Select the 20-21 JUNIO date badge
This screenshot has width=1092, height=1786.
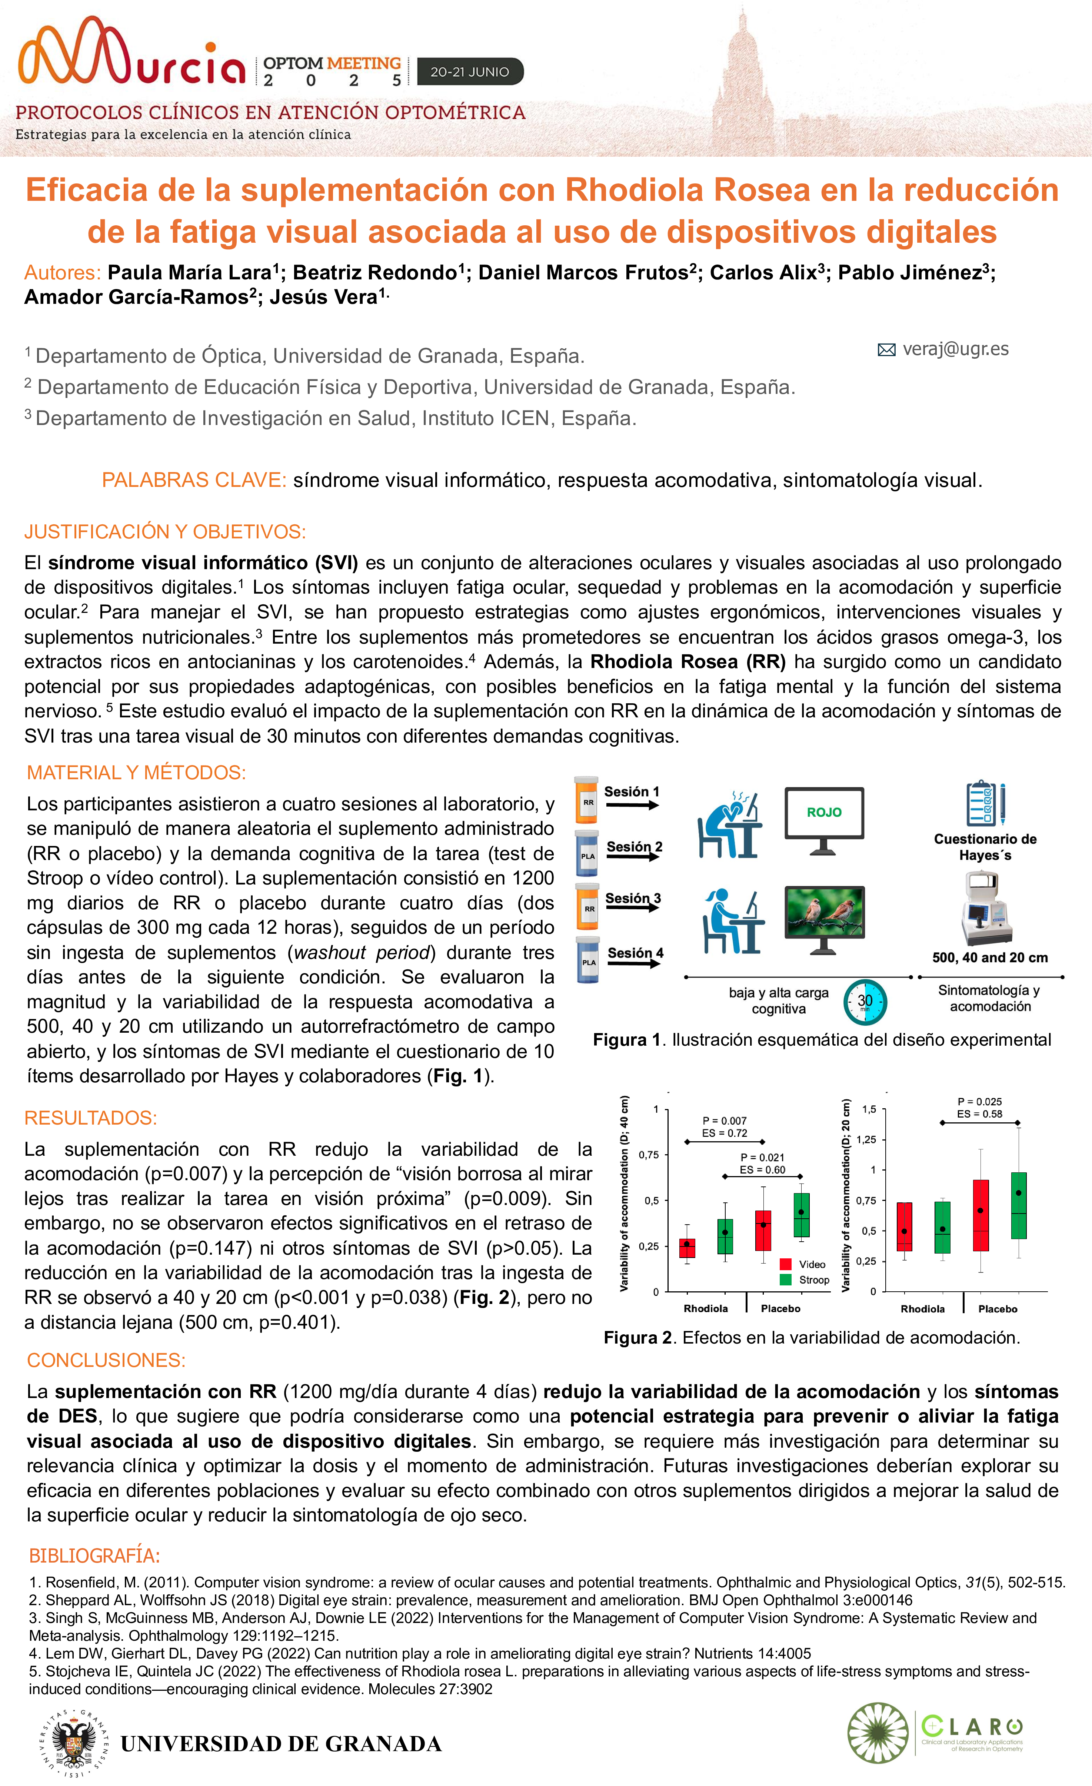[470, 72]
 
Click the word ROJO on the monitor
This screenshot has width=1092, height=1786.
[824, 813]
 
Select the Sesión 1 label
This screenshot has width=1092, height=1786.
[631, 791]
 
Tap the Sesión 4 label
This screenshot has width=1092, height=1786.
[635, 952]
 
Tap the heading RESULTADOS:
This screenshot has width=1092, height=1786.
[91, 1118]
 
